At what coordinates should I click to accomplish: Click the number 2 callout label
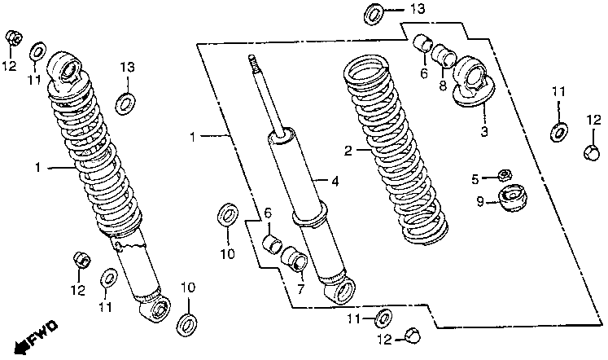348,151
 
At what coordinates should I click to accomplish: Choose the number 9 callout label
480,202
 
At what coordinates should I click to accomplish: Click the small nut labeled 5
504,174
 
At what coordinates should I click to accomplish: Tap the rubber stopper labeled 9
511,197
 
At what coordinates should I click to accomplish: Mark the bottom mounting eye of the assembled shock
159,308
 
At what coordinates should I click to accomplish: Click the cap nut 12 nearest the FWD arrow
83,260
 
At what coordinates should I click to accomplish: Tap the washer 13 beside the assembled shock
126,103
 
